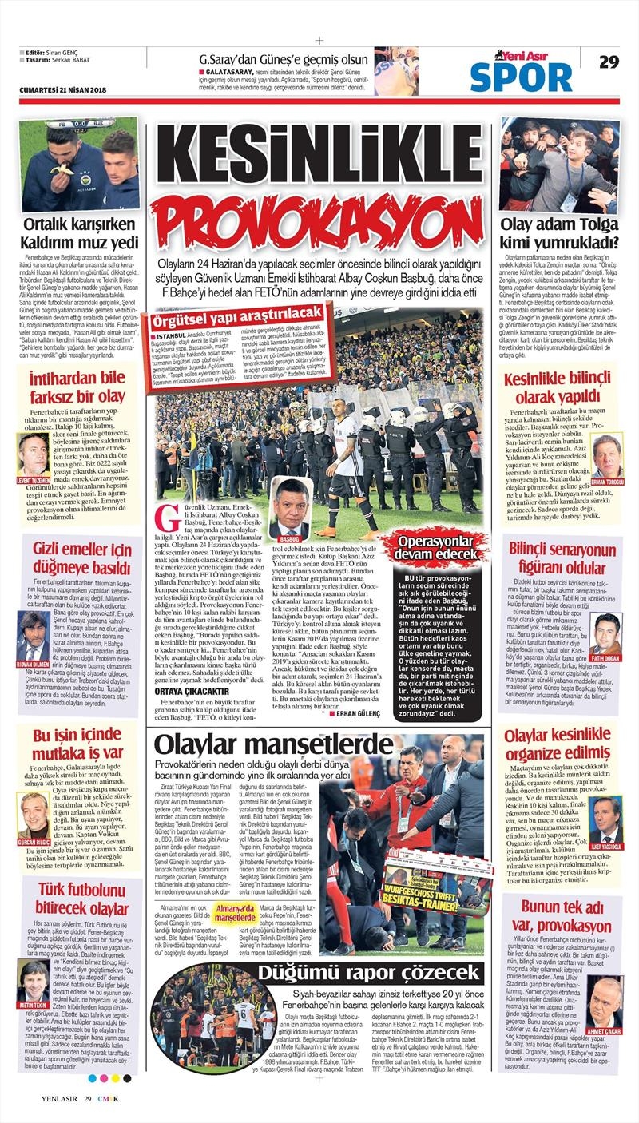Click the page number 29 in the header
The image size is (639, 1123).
click(x=609, y=62)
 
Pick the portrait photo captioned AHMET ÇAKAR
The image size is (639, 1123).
click(x=605, y=1000)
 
